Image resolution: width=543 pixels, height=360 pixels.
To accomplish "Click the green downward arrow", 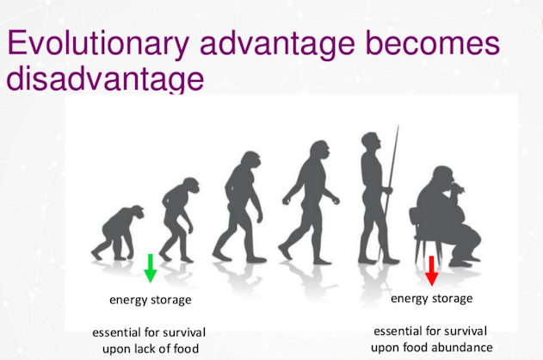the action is coord(150,268).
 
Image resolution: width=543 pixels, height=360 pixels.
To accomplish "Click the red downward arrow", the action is coord(431,270).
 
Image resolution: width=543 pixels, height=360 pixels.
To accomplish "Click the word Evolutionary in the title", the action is coord(97,44).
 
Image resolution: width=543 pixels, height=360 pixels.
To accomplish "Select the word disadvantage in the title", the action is coord(105,78).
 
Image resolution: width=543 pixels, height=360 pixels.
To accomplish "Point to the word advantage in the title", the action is coord(277,44).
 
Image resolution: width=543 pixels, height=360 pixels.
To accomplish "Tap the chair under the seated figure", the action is coord(423,236).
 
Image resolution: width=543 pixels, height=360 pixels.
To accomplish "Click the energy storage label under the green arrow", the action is coord(151,300).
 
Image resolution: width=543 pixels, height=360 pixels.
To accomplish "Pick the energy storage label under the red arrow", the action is coord(431,299).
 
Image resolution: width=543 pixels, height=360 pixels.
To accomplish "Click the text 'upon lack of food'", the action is coord(151,349).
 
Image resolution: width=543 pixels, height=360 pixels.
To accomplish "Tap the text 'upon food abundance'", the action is coord(431,347).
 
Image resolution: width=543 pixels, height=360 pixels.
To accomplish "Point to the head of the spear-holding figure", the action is coord(371,141).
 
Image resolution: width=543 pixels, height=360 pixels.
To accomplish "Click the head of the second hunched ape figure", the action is coord(190,186).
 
